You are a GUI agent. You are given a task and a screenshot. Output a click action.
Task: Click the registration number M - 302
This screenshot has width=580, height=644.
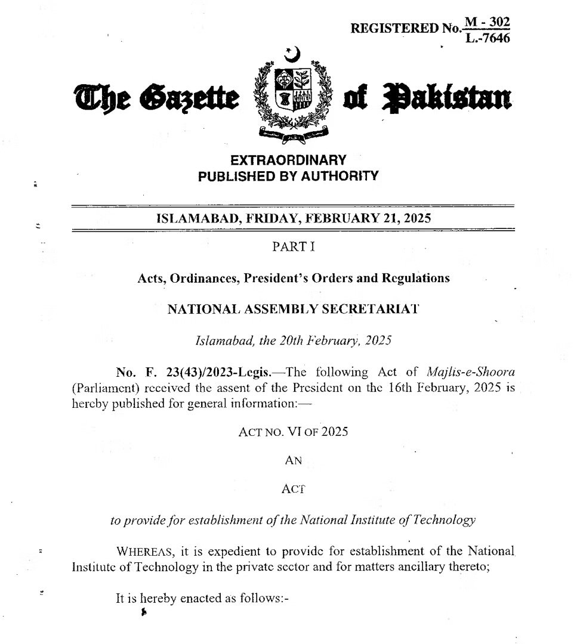[x=488, y=22]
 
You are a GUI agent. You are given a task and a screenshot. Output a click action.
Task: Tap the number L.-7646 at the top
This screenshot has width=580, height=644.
[x=488, y=39]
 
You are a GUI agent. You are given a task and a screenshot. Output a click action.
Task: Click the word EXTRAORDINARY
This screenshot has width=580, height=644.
[x=288, y=160]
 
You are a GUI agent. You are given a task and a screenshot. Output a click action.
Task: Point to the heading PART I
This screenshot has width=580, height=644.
[x=289, y=247]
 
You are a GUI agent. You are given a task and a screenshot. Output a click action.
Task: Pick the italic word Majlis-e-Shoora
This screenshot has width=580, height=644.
[x=471, y=373]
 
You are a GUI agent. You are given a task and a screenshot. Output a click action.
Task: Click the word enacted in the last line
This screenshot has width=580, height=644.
[x=195, y=599]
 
